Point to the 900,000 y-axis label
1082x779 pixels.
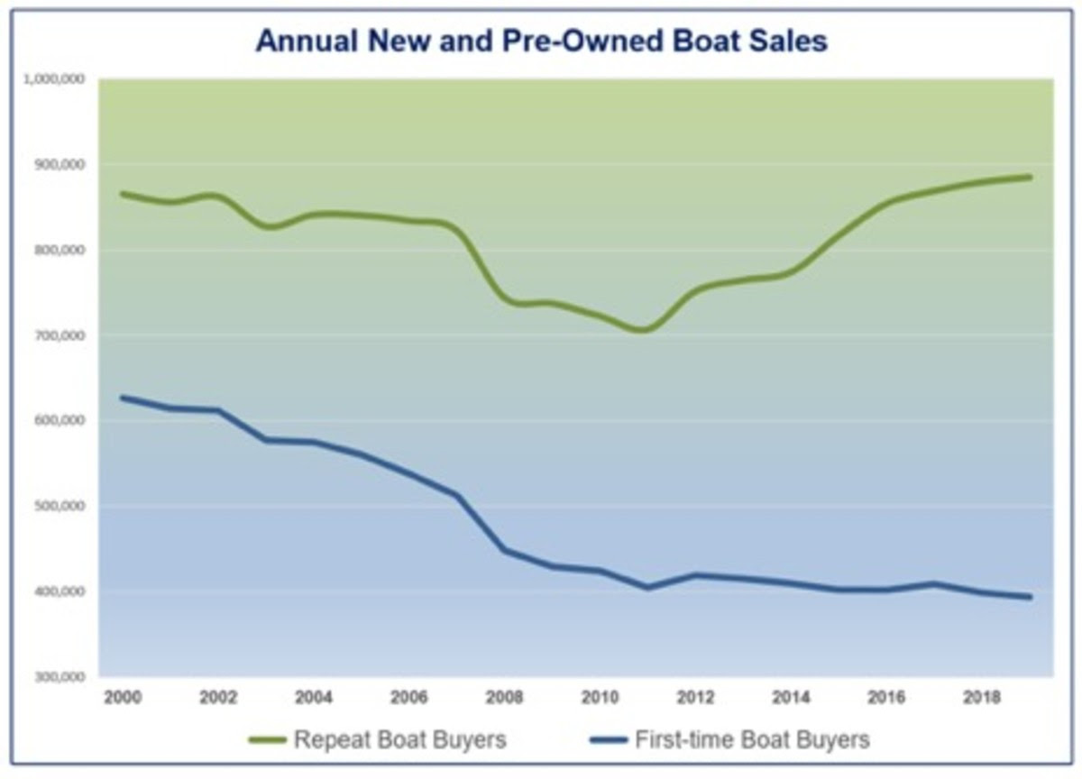point(61,165)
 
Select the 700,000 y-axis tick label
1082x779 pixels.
point(61,335)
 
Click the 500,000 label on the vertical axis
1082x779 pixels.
point(61,506)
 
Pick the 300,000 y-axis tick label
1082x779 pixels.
point(61,676)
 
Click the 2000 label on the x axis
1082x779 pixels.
point(120,699)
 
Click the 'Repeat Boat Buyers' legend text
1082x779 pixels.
point(399,740)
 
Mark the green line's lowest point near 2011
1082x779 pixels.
point(644,330)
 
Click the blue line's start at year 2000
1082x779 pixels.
point(122,398)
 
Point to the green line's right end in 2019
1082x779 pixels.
point(1030,177)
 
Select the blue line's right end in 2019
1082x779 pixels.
point(1030,597)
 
